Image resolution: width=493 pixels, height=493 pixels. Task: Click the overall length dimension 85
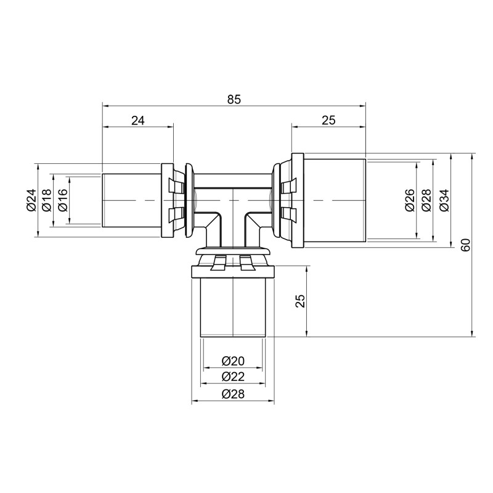click(x=234, y=99)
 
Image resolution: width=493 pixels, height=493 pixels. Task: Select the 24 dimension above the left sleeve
click(x=137, y=121)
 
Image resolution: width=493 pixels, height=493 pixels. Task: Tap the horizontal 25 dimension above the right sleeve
click(x=328, y=121)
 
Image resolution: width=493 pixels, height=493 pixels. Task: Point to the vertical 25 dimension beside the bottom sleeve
click(x=299, y=301)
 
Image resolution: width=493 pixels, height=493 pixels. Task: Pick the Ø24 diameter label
click(x=31, y=200)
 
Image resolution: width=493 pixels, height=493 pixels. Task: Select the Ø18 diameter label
click(x=46, y=200)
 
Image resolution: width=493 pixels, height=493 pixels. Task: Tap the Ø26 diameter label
click(x=409, y=200)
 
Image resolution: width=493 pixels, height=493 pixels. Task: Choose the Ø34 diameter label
click(x=444, y=200)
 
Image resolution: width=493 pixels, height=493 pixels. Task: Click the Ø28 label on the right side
click(x=426, y=200)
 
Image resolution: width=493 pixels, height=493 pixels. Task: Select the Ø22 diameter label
click(x=233, y=377)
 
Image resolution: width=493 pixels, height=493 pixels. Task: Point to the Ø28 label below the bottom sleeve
click(x=233, y=394)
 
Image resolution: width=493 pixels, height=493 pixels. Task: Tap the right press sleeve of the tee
click(x=335, y=200)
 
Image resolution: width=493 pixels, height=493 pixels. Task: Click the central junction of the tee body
click(x=233, y=203)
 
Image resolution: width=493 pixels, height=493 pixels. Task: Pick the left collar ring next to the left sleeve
click(x=167, y=200)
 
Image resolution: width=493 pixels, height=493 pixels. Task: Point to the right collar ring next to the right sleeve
click(x=297, y=200)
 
